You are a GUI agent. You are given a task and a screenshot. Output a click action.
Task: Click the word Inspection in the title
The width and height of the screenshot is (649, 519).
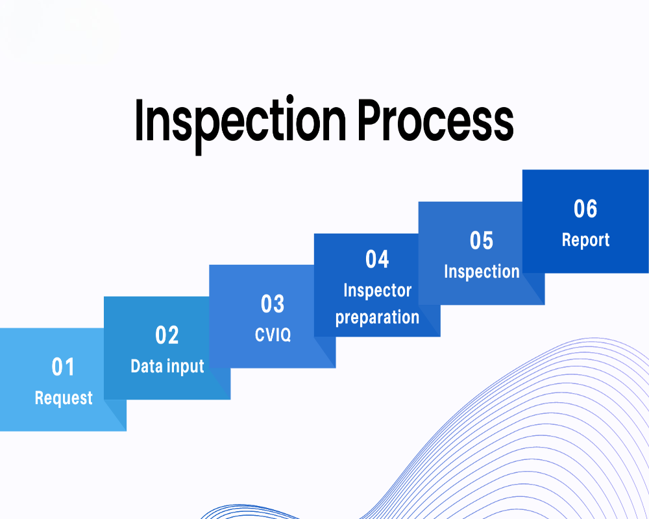240,123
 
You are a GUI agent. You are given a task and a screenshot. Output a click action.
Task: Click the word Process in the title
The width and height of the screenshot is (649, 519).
435,120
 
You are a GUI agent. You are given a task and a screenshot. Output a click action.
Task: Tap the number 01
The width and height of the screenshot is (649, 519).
63,367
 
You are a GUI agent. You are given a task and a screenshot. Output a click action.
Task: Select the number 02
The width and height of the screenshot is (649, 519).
167,335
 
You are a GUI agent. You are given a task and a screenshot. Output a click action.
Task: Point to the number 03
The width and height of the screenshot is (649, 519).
273,304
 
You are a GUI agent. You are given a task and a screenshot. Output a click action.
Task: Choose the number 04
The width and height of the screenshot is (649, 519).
377,259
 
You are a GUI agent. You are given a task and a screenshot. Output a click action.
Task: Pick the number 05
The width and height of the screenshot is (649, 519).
482,241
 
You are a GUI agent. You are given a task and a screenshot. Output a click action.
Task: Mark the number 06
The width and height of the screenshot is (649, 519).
585,209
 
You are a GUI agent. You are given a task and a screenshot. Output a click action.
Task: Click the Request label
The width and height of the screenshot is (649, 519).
64,398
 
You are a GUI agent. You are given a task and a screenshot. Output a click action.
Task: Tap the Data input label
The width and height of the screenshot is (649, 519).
167,367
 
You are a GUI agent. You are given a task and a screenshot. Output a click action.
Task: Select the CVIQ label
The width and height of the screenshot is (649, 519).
273,335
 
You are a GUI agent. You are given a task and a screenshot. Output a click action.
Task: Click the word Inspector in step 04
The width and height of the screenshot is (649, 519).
378,291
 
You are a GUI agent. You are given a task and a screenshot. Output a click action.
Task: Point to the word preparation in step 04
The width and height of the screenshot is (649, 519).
377,318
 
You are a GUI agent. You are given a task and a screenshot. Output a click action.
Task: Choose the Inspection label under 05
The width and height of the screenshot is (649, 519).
482,272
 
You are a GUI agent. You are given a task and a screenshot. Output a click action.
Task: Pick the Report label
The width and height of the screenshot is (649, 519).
585,240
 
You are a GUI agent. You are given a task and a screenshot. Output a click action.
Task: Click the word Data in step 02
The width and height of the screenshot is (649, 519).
147,367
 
